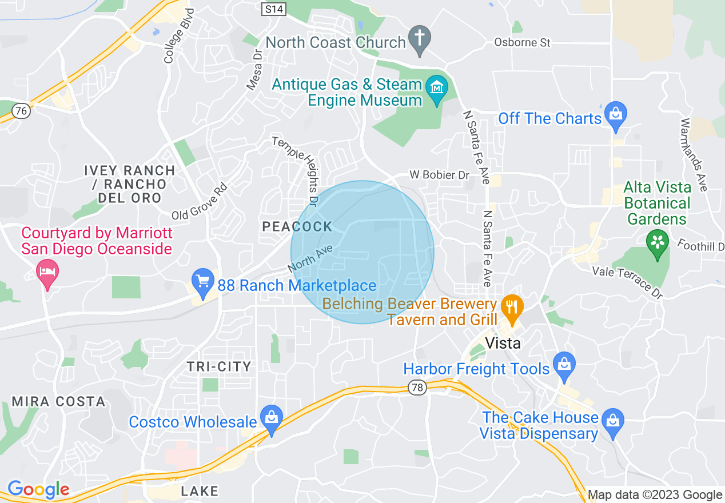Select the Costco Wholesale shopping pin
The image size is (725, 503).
(272, 419)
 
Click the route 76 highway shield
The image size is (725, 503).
(21, 111)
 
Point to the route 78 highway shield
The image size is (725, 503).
(417, 388)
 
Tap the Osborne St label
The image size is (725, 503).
(522, 43)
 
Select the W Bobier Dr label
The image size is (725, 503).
(439, 175)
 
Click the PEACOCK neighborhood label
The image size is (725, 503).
(297, 226)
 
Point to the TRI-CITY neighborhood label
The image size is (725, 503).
(219, 366)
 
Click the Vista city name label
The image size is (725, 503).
(503, 343)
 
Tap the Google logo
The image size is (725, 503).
(39, 490)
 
